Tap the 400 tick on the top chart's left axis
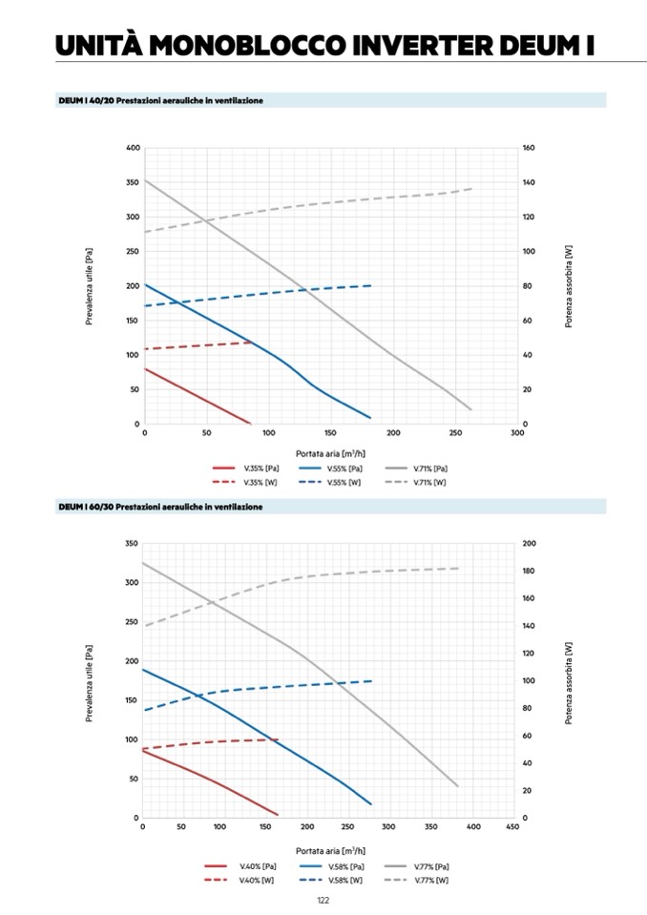click(x=133, y=148)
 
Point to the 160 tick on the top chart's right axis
click(x=529, y=148)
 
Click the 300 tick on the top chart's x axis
click(x=517, y=433)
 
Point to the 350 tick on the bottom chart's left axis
click(x=133, y=543)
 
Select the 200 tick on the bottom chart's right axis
click(x=529, y=543)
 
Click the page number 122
click(x=323, y=900)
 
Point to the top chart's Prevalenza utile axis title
click(x=89, y=286)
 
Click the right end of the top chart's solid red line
click(x=249, y=423)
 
